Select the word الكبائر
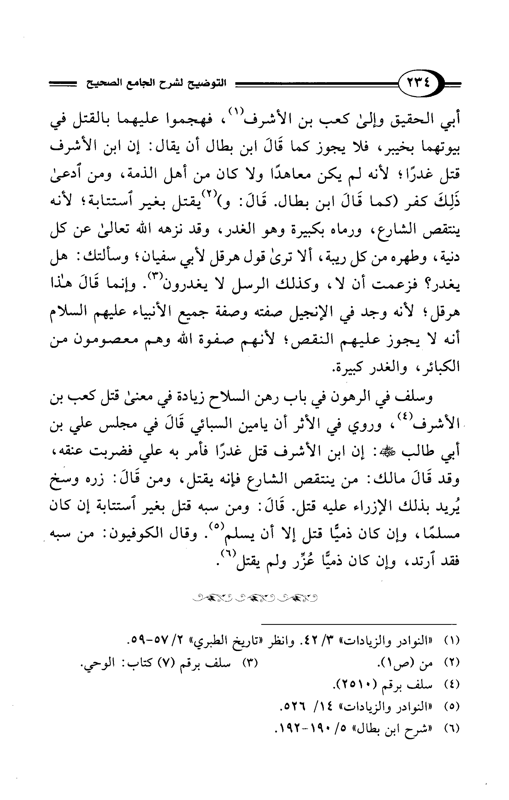(438, 367)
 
